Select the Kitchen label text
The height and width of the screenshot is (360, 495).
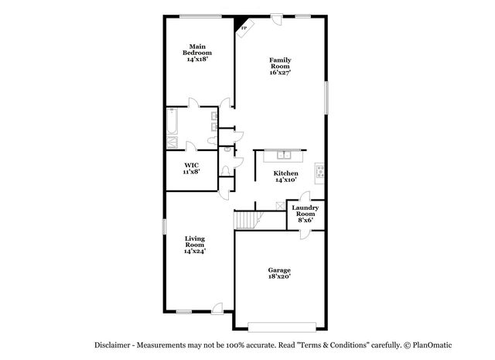click(285, 173)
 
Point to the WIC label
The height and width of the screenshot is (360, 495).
click(192, 166)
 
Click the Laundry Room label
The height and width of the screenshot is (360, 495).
click(304, 211)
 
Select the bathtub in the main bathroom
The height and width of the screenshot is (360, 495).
click(172, 122)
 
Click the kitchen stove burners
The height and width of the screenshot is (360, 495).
click(319, 171)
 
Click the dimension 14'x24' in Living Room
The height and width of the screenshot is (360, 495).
click(194, 251)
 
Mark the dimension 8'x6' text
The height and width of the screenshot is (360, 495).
click(304, 220)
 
